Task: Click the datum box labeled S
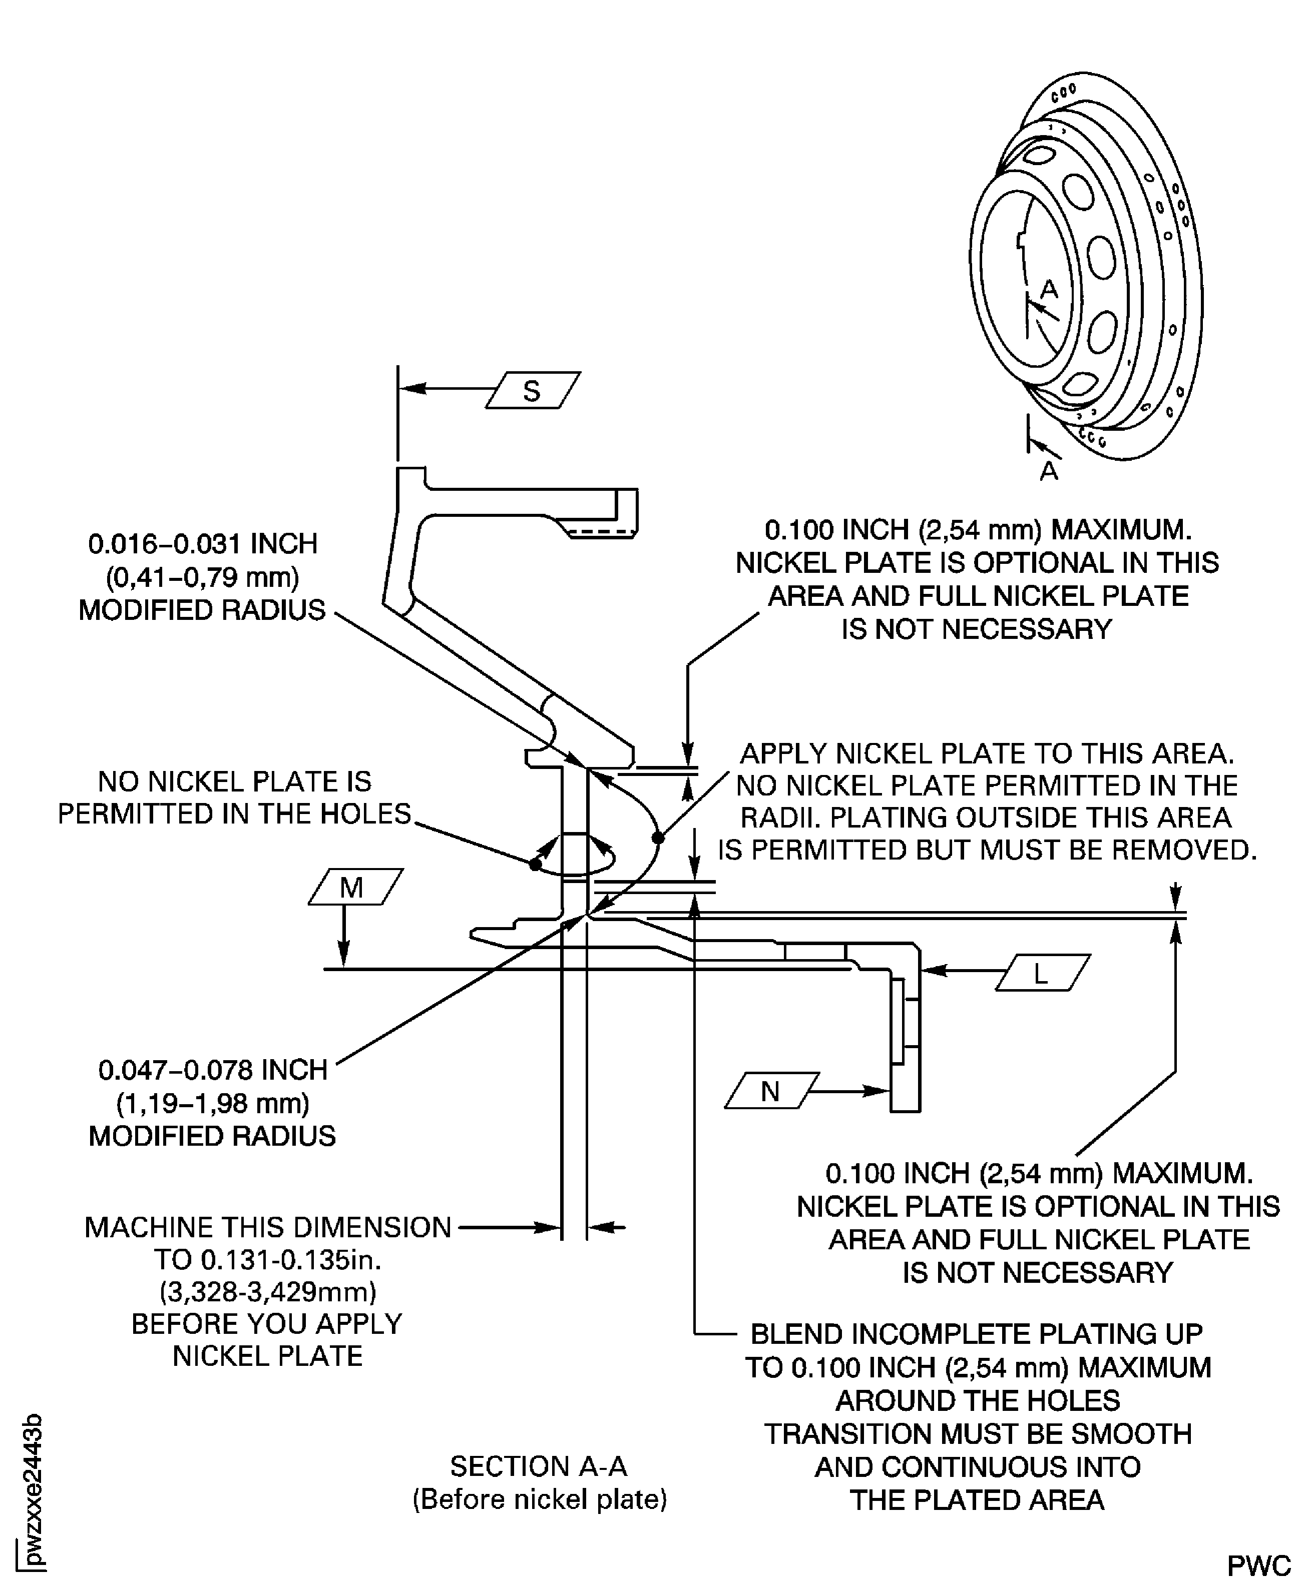532,390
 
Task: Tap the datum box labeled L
1042,973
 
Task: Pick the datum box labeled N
771,1091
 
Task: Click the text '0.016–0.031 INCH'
203,544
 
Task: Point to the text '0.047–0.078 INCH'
213,1070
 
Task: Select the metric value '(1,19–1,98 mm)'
213,1103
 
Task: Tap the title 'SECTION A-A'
539,1466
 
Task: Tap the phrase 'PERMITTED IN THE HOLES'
234,814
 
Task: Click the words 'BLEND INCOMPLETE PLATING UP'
977,1334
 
